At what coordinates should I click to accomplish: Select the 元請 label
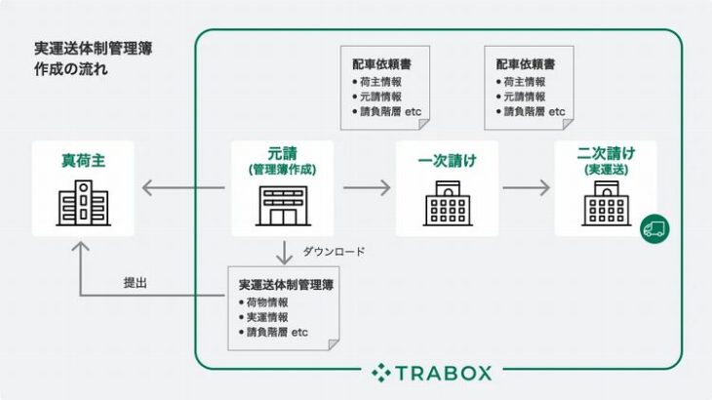click(x=282, y=153)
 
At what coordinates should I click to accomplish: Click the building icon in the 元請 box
click(x=282, y=207)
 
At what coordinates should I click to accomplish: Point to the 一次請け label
click(x=449, y=161)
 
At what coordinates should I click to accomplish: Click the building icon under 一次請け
click(x=449, y=206)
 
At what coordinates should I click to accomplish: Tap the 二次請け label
click(x=606, y=153)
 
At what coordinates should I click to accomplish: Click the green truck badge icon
click(x=655, y=228)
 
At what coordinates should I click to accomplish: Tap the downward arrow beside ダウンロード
click(x=282, y=252)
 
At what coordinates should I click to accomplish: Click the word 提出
click(x=137, y=283)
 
